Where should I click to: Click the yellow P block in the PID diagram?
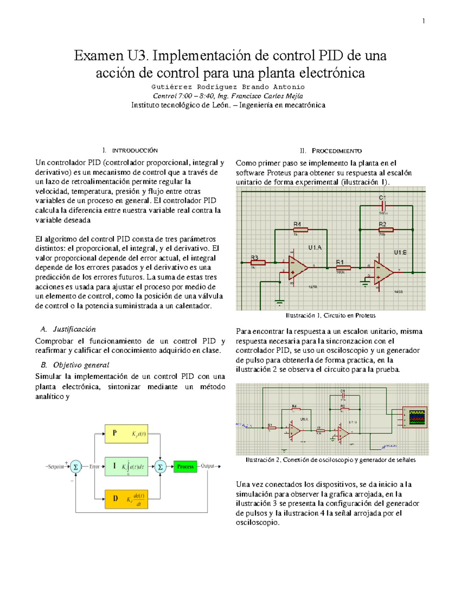[x=126, y=434]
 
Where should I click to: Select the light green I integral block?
[x=126, y=466]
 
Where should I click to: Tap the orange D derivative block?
[x=126, y=499]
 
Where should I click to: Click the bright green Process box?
[x=185, y=466]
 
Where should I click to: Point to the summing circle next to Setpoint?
[x=76, y=467]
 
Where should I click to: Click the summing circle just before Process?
[x=160, y=467]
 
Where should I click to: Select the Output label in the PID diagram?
[x=207, y=466]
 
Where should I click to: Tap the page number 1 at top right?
[x=423, y=21]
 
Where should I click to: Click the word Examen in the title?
[x=98, y=56]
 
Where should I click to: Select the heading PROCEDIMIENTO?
[x=337, y=151]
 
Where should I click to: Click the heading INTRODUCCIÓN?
[x=135, y=150]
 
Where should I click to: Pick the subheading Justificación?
[x=74, y=329]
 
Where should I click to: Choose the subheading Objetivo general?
[x=81, y=365]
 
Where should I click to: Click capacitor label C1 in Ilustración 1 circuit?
[x=382, y=198]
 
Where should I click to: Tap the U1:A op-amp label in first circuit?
[x=315, y=248]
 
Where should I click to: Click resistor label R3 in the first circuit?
[x=255, y=258]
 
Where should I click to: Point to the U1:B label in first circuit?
[x=400, y=253]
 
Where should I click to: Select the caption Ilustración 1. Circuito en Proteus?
[x=330, y=316]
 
